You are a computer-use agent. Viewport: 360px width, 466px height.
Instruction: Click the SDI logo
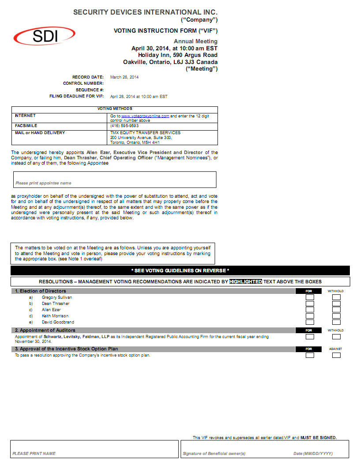[44, 36]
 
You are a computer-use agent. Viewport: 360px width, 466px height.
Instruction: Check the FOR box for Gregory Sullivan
[310, 297]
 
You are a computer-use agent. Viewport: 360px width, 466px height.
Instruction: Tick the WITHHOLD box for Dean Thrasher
[336, 304]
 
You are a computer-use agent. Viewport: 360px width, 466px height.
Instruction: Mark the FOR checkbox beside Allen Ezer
[310, 310]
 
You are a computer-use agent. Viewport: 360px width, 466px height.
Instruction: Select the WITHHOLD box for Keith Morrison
[336, 316]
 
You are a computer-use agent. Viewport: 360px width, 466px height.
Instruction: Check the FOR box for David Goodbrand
[310, 322]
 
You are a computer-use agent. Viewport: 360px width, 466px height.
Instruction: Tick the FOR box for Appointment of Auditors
[310, 337]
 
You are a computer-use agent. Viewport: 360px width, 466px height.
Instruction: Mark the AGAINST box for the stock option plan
[336, 355]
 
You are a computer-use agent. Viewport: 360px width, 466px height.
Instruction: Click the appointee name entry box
[114, 179]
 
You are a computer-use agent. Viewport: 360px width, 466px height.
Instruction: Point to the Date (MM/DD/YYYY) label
[313, 454]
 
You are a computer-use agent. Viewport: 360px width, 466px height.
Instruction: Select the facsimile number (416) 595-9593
[124, 126]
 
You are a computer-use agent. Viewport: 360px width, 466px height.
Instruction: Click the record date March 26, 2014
[124, 77]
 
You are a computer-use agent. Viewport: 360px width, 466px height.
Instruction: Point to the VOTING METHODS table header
[114, 109]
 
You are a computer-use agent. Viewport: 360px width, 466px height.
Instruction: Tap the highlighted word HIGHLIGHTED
[245, 282]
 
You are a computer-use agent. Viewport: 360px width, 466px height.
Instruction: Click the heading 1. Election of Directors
[41, 291]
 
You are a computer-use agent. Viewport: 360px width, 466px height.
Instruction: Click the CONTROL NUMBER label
[83, 83]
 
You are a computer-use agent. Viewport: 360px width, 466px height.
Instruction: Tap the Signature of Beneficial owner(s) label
[214, 454]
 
